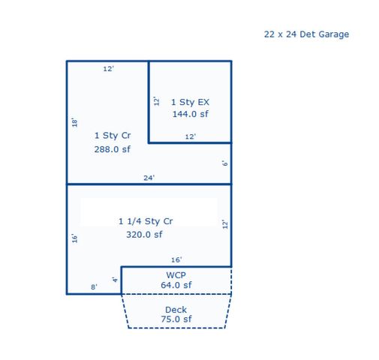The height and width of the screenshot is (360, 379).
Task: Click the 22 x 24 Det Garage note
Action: click(306, 34)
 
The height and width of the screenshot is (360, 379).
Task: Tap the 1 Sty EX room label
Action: click(190, 101)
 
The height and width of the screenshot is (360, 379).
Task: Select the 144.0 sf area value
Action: click(190, 114)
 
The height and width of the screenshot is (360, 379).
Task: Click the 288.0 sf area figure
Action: click(113, 149)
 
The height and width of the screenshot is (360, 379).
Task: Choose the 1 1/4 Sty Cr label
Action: click(146, 221)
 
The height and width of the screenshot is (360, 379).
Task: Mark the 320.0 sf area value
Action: click(144, 234)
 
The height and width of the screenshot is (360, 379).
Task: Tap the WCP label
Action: click(176, 275)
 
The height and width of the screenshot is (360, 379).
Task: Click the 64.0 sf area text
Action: click(176, 285)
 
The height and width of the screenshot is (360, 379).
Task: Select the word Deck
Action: click(176, 310)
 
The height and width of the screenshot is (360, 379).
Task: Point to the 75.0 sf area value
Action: click(176, 319)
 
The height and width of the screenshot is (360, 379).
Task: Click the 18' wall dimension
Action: click(74, 121)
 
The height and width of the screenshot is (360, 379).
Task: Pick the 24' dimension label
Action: click(149, 178)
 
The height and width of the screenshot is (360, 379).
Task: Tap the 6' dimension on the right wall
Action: click(224, 163)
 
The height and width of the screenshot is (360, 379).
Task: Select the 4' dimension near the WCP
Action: click(115, 280)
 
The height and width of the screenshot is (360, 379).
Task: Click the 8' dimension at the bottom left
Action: click(94, 286)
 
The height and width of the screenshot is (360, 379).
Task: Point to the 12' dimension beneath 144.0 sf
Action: click(191, 136)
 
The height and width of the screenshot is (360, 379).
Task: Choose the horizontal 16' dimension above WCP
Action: click(176, 260)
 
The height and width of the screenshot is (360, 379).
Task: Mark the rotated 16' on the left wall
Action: click(74, 238)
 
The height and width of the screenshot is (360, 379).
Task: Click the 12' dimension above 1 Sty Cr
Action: click(108, 69)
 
